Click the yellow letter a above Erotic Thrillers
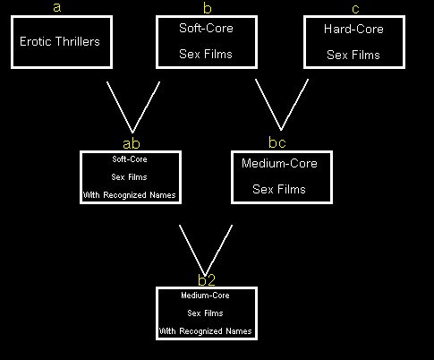point(57,7)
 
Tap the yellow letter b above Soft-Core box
point(207,8)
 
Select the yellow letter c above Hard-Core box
point(355,9)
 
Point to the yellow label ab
point(132,143)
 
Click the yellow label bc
point(277,142)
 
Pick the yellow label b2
point(207,279)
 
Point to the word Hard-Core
point(353,29)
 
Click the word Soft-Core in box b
point(206,28)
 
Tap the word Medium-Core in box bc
point(279,163)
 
